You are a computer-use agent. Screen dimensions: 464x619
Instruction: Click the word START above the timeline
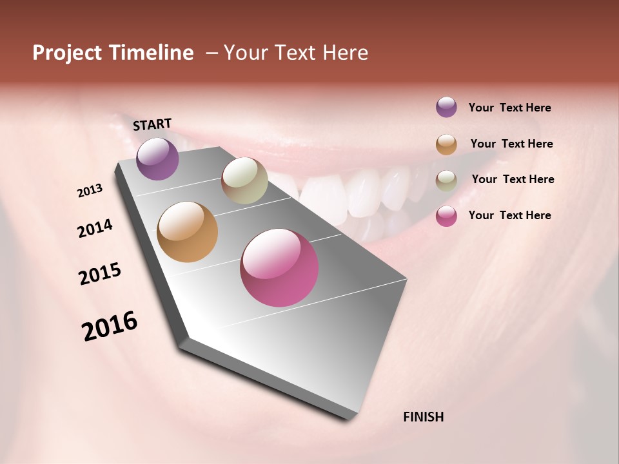pyautogui.click(x=152, y=124)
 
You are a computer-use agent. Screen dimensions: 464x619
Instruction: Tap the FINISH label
pyautogui.click(x=424, y=417)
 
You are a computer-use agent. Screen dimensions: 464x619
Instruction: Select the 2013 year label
pyautogui.click(x=90, y=191)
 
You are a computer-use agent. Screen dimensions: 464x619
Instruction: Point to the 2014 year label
pyautogui.click(x=95, y=228)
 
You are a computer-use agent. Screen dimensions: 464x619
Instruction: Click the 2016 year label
pyautogui.click(x=110, y=326)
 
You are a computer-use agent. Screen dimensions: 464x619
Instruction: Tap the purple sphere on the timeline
pyautogui.click(x=157, y=159)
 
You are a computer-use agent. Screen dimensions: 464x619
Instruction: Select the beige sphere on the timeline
pyautogui.click(x=244, y=180)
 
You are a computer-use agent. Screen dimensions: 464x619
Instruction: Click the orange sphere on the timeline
pyautogui.click(x=188, y=232)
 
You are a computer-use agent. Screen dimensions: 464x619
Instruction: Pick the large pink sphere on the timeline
pyautogui.click(x=279, y=267)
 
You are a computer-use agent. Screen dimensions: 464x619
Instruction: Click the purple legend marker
pyautogui.click(x=446, y=107)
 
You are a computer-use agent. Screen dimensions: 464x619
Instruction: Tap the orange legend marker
pyautogui.click(x=446, y=144)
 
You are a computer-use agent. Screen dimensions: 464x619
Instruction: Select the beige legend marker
pyautogui.click(x=446, y=180)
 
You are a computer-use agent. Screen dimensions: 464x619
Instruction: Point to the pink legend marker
pyautogui.click(x=446, y=216)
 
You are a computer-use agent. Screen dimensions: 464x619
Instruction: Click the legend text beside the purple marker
pyautogui.click(x=509, y=108)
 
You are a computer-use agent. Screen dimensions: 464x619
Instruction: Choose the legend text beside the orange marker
pyautogui.click(x=511, y=144)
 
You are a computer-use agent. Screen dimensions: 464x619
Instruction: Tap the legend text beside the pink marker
pyautogui.click(x=509, y=215)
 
